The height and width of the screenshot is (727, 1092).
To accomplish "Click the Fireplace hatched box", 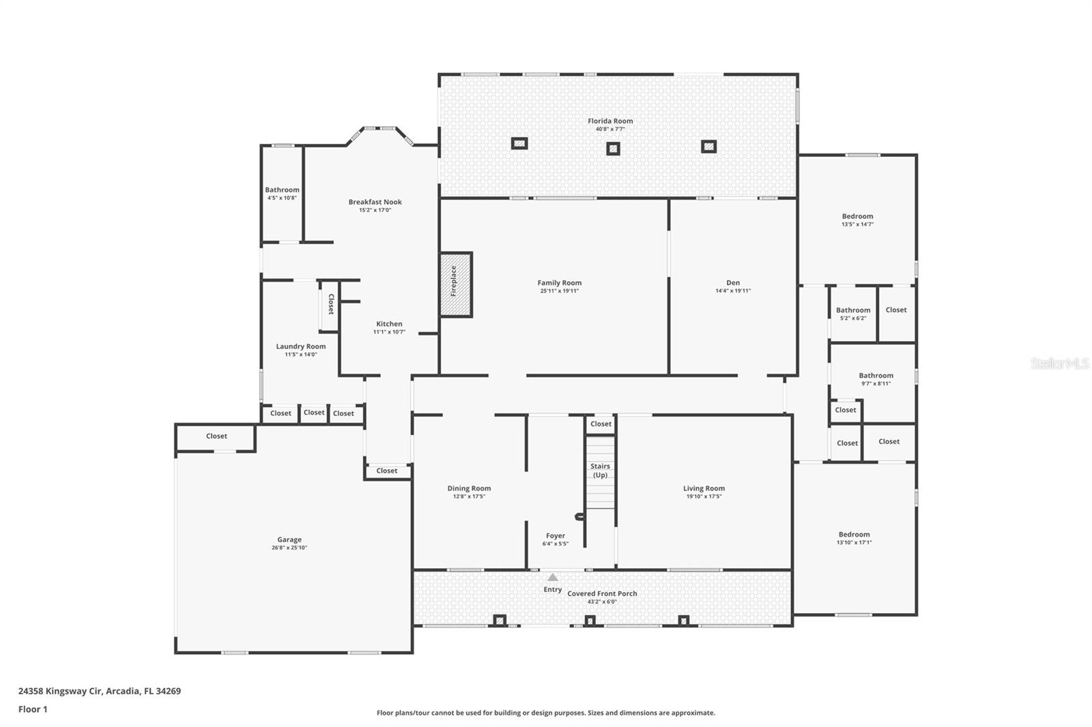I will pos(455,284).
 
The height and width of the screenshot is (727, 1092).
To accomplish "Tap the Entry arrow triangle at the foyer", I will pos(553,578).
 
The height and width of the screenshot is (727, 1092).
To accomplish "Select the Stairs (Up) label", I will pos(600,471).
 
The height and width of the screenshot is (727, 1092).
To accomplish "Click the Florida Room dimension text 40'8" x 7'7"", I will pos(610,129).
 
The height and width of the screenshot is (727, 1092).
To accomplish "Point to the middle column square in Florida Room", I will pos(613,149).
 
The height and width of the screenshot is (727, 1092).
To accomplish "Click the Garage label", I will pos(289,539).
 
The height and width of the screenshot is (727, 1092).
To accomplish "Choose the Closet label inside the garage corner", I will pos(216,436).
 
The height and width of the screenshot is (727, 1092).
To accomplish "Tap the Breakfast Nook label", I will pos(375,202).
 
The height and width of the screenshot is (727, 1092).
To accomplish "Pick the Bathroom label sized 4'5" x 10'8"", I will pos(282,190).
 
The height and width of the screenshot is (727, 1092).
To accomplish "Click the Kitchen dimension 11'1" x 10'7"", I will pos(389,332).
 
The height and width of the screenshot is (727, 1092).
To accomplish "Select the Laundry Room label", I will pos(301,346).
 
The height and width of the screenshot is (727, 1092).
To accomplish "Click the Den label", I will pos(733,282).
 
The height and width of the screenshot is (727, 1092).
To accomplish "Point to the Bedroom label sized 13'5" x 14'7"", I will pos(857,216).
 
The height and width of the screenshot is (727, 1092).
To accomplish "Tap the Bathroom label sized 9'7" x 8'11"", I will pos(876,375).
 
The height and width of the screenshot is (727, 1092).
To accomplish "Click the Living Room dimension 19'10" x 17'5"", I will pos(704,496).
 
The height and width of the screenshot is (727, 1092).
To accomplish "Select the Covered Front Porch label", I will pos(602,593).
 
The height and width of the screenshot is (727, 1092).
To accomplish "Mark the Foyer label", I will pos(556,536).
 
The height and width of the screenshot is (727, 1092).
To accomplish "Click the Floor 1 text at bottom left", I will pos(33,709).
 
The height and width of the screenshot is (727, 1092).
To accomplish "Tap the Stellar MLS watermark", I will pos(1059,364).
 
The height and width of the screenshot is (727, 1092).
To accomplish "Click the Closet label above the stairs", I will pos(601,424).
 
